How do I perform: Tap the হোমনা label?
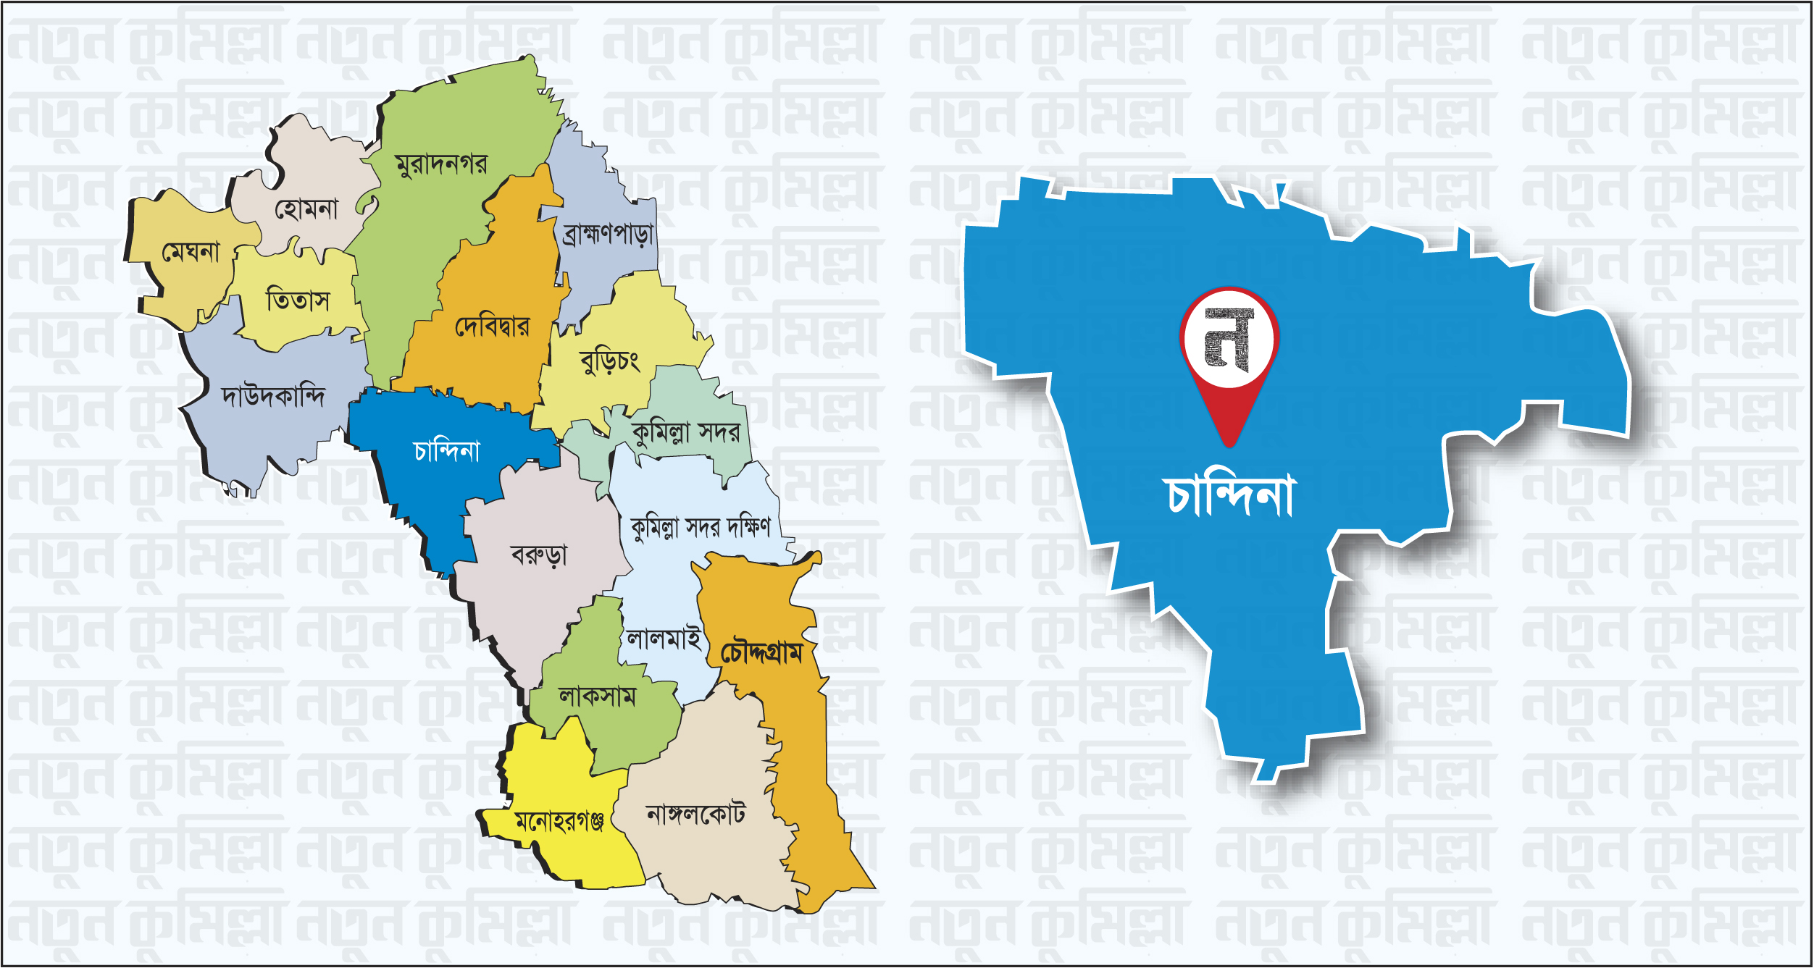pos(306,209)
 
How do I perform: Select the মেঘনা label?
pos(191,252)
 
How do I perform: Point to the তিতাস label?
pos(298,300)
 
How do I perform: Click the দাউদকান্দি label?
pos(273,396)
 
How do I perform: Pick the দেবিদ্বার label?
pos(492,327)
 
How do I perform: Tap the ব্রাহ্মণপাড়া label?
pos(609,234)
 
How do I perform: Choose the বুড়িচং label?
pos(610,361)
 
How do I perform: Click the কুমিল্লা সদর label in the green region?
pos(686,433)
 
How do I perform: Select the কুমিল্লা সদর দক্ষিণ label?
pos(701,528)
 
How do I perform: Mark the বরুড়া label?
pos(539,555)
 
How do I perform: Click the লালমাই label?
pos(664,639)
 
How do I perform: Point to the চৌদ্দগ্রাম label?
pos(761,653)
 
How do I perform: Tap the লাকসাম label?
pos(597,696)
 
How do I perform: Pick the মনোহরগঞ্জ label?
pos(559,821)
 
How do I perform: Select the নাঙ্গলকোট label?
pos(695,815)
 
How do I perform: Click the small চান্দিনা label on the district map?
pos(447,451)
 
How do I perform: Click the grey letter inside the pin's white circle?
pos(1229,339)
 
